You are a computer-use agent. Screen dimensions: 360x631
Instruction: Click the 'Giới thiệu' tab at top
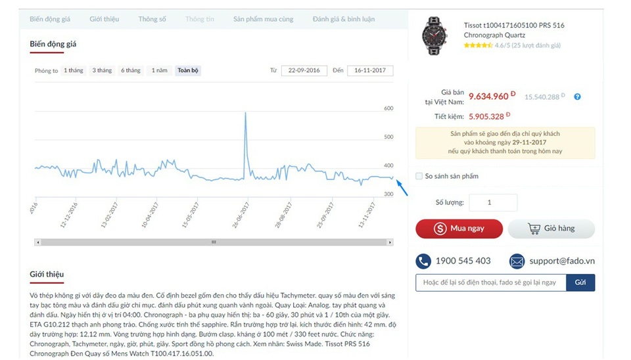pos(104,19)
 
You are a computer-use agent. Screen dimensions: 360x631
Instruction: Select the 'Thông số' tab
pos(152,19)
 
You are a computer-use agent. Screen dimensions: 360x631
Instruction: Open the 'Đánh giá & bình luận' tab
pos(343,19)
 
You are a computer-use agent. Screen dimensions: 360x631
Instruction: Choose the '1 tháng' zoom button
pos(74,70)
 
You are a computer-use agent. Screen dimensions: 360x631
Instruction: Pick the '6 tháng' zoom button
pos(130,70)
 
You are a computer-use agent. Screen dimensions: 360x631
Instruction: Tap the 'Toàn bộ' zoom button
pos(188,70)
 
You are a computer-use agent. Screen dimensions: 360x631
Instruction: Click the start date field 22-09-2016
pos(304,70)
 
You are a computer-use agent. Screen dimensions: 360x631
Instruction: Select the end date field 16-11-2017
pos(370,70)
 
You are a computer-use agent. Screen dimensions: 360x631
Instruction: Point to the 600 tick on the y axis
pos(388,108)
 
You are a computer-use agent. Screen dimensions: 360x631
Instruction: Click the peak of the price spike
pos(245,113)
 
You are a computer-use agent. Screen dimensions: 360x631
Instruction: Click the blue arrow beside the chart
pos(403,189)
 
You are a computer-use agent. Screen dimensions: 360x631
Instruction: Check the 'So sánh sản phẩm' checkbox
pos(419,176)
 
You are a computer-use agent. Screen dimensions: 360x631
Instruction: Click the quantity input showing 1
pos(492,203)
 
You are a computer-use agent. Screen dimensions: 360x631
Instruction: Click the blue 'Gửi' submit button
pos(580,282)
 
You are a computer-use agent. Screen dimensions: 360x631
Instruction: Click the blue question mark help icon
pos(577,97)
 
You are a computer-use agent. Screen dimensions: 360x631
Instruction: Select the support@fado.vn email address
pos(562,261)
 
